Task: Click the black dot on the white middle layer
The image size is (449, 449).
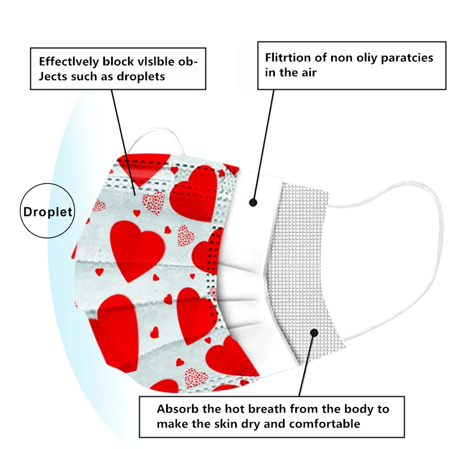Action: pyautogui.click(x=254, y=201)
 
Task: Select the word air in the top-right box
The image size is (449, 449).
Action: pyautogui.click(x=308, y=72)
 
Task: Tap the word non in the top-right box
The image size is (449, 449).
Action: pyautogui.click(x=338, y=58)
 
